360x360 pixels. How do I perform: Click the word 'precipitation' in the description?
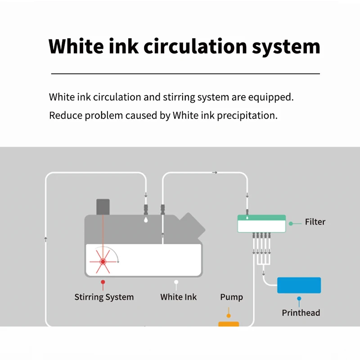coord(247,115)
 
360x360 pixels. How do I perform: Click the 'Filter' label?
coord(315,222)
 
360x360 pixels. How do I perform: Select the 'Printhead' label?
coord(301,313)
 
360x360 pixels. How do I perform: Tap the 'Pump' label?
coord(231,297)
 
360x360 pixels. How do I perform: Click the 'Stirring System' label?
coord(104,297)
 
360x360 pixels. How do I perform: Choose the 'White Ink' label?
coord(178,297)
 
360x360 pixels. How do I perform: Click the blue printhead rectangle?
coord(299,285)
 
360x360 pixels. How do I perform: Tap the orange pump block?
coord(229,324)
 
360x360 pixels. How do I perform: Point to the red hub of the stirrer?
coord(103,261)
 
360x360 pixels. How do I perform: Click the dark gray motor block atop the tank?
coord(103,207)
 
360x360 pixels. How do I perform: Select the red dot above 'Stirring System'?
coord(103,282)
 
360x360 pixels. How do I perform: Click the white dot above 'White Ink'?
coord(176,282)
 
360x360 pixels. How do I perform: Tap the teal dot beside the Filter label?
coord(291,223)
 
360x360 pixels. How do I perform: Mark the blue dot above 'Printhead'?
coord(299,298)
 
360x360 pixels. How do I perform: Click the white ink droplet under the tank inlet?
coord(145,220)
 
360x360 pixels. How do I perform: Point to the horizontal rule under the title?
coord(185,73)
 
